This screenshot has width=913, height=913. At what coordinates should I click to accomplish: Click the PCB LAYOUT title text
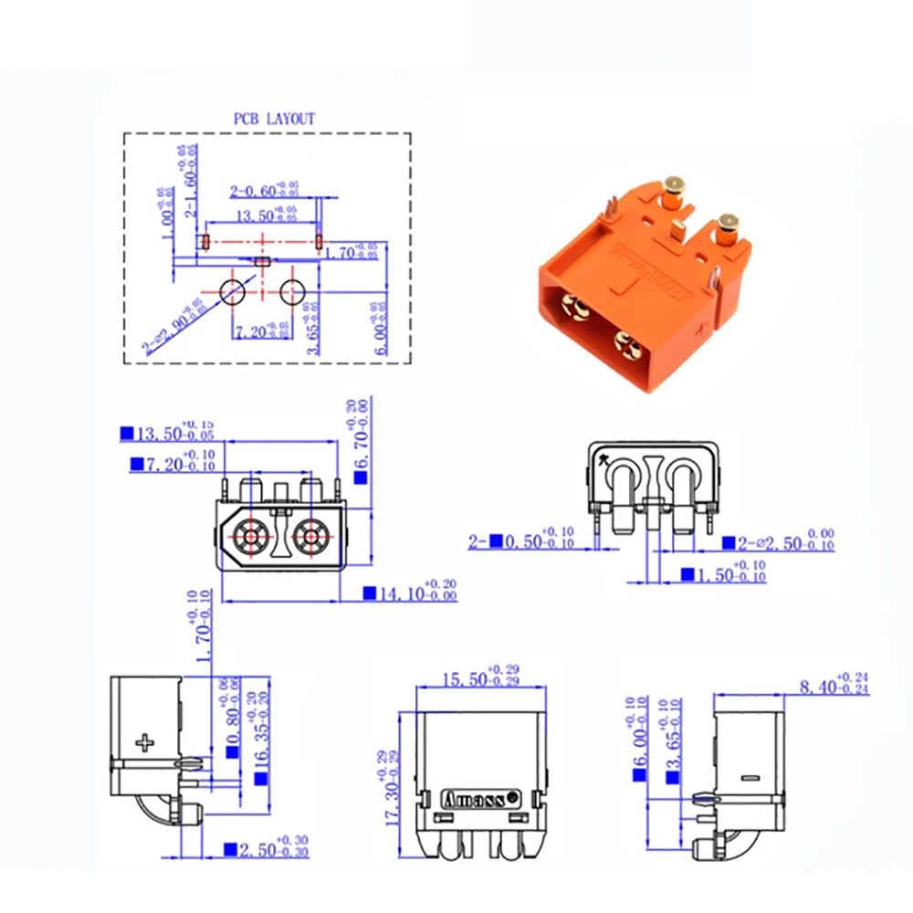(x=274, y=119)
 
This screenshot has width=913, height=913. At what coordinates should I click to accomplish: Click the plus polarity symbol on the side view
(x=144, y=741)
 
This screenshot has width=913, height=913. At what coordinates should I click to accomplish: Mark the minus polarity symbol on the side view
(x=750, y=778)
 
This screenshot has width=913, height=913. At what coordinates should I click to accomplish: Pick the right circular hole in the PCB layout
(x=293, y=292)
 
